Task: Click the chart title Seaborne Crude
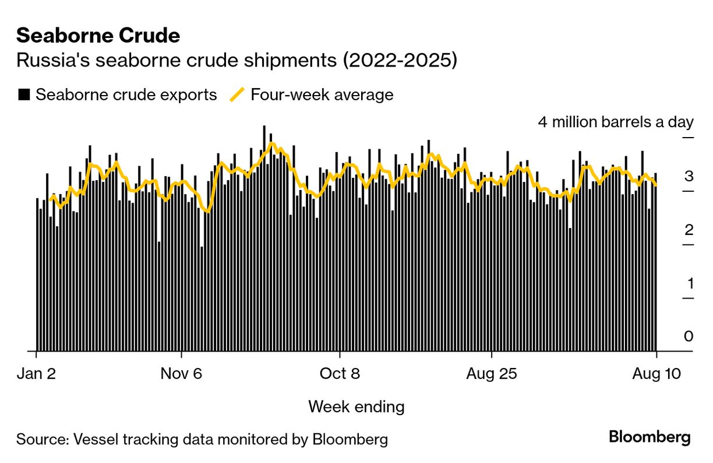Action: tap(98, 36)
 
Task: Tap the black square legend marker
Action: tap(24, 94)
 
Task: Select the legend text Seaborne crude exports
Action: tap(126, 94)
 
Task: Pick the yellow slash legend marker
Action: tap(237, 94)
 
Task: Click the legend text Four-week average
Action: tap(322, 94)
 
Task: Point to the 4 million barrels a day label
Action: tap(615, 122)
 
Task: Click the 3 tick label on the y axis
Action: tap(689, 177)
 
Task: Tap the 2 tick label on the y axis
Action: tap(689, 230)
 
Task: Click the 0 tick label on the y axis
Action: tap(689, 337)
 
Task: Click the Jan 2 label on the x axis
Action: tap(36, 374)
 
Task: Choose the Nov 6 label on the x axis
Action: tap(181, 374)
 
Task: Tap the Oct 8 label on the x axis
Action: tap(340, 374)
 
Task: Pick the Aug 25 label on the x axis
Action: tap(492, 374)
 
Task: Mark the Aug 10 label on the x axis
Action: tap(656, 374)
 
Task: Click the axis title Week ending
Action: tap(356, 406)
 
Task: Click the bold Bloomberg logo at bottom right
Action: tap(650, 437)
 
